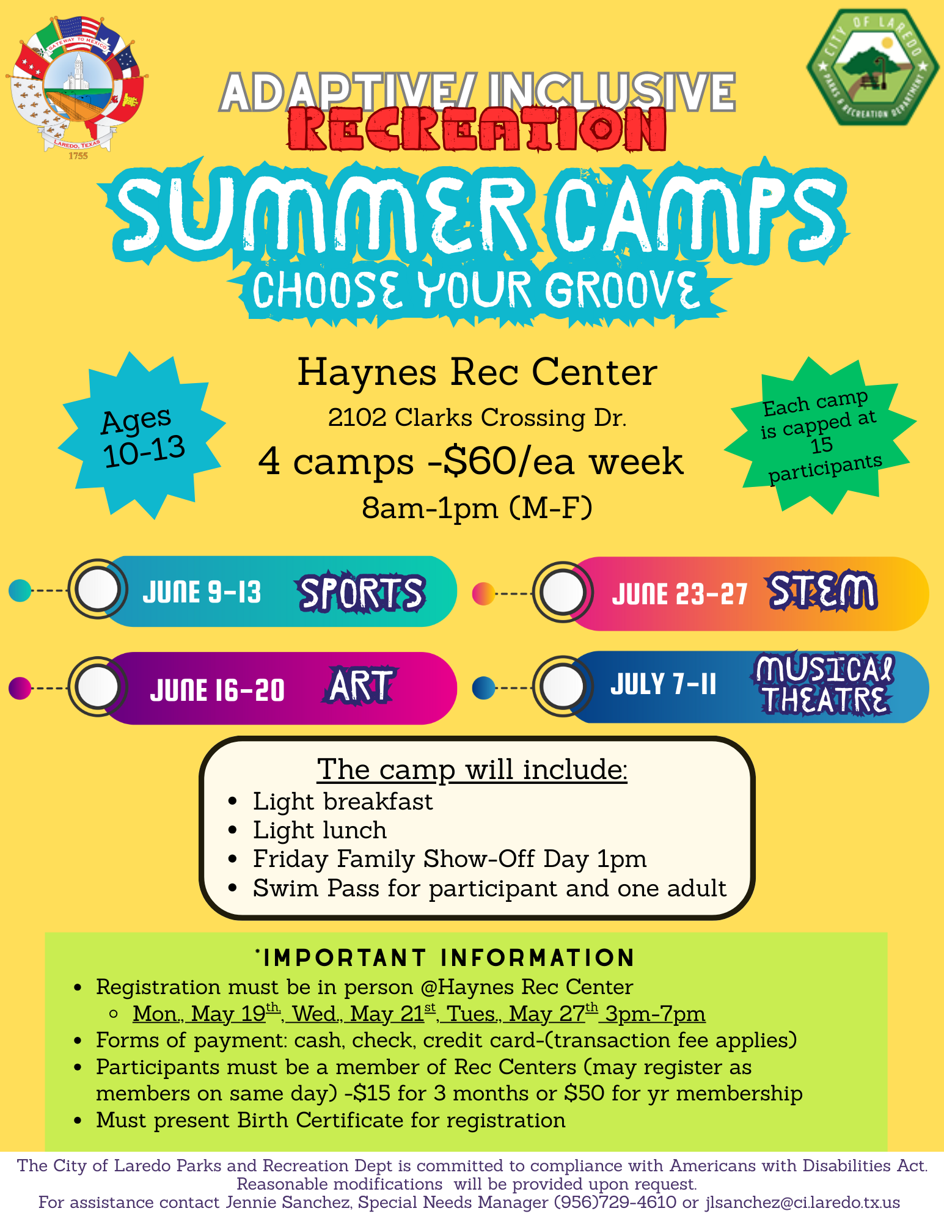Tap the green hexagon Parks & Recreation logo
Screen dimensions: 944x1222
coord(873,67)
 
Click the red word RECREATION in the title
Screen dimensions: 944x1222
coord(477,129)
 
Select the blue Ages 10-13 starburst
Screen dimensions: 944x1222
coord(142,436)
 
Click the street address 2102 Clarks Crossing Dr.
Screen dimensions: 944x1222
coord(477,418)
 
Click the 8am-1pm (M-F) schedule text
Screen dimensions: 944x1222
coord(477,508)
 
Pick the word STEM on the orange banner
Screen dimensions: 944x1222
coord(822,591)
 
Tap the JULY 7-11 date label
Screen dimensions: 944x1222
coord(663,684)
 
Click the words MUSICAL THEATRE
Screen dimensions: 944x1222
coord(823,684)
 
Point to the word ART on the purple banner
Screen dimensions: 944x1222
coord(360,686)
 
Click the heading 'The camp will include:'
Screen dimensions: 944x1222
coord(472,769)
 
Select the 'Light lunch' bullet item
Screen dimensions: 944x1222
coord(320,830)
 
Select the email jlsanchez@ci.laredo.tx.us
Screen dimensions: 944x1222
coord(803,1202)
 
